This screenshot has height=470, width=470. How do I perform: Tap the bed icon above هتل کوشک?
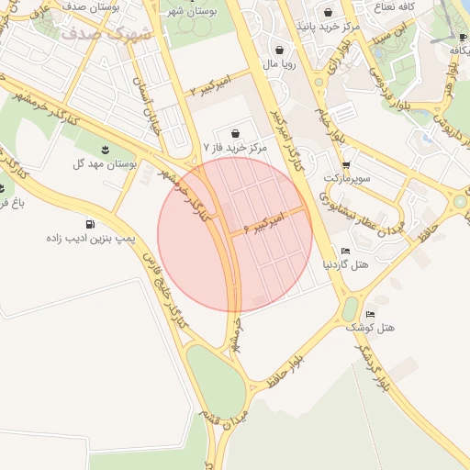[x=370, y=314]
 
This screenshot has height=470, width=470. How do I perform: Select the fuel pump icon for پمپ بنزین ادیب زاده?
[x=89, y=224]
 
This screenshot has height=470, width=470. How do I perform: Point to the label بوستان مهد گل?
[x=105, y=163]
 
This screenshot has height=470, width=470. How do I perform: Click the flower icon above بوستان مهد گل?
[x=105, y=150]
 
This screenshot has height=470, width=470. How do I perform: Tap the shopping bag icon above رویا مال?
[x=279, y=50]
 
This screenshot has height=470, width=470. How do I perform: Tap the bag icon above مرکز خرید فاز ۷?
[x=237, y=133]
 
